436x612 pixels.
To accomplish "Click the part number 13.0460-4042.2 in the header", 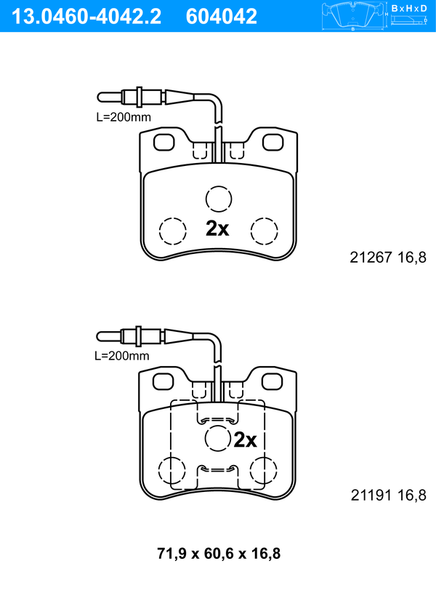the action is [86, 17].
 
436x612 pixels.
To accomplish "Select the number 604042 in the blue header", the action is [222, 17].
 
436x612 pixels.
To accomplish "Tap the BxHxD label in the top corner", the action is [409, 8].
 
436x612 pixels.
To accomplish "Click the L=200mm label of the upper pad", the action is [124, 116].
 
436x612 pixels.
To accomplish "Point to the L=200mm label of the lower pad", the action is [122, 356].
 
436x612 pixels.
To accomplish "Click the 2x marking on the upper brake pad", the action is [217, 228].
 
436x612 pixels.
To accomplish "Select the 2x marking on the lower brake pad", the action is [245, 440].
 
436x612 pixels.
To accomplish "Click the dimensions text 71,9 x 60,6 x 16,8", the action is [219, 554].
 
